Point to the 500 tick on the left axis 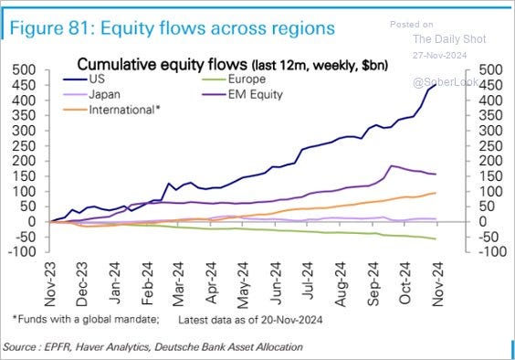23,69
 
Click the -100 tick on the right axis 487,252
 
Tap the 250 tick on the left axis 23,145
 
